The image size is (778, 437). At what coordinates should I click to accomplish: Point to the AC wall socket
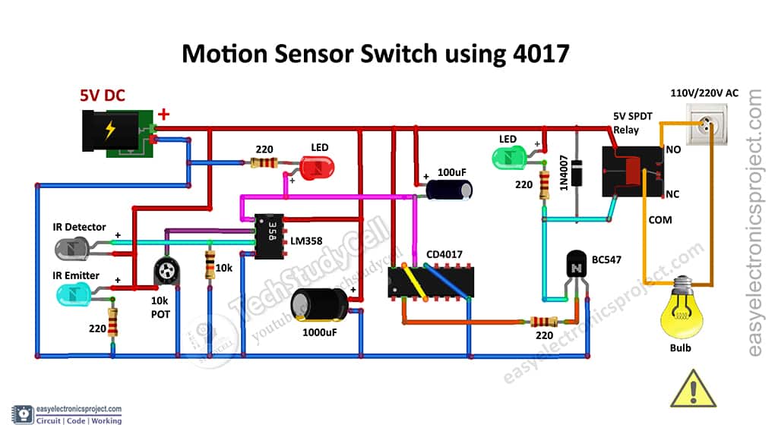tap(711, 123)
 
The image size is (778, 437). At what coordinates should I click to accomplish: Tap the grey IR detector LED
tap(74, 247)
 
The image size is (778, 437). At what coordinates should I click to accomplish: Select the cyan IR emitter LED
tap(74, 291)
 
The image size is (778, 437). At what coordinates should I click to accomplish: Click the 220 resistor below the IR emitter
tap(112, 322)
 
